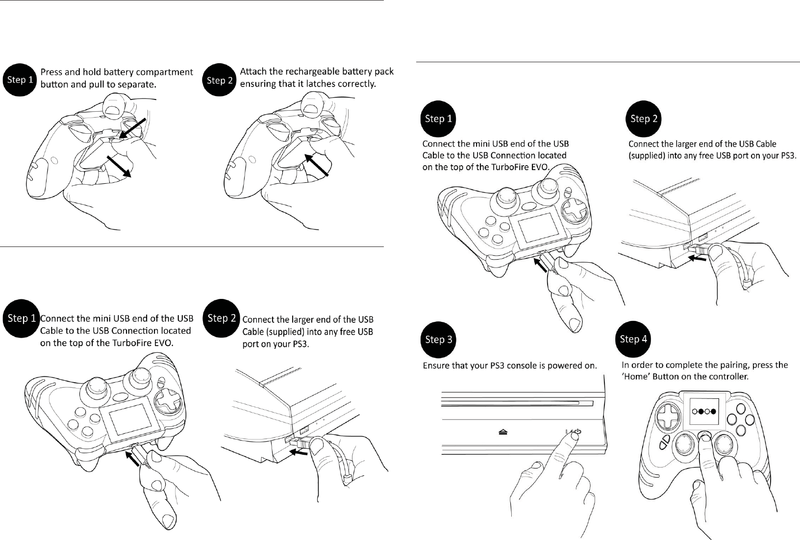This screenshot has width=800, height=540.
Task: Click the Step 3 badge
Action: (x=438, y=340)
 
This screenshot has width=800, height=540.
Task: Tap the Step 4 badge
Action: (x=633, y=339)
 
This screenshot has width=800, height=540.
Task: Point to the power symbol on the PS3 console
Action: (x=577, y=432)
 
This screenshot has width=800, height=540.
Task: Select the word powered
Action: (x=565, y=366)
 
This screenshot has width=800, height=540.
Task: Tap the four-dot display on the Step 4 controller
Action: (x=704, y=411)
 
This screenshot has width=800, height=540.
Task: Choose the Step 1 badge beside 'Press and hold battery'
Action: (x=20, y=80)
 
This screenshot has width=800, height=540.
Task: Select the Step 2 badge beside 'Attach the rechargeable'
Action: (x=219, y=80)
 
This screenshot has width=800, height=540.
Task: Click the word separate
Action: (x=137, y=85)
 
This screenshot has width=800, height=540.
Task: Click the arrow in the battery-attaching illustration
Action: (x=316, y=165)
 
